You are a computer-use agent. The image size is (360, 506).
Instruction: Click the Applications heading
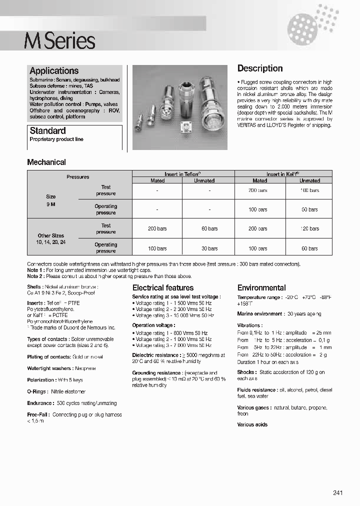(x=54, y=71)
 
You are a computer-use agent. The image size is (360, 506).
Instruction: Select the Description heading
(x=259, y=68)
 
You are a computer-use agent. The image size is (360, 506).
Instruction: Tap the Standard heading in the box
(x=47, y=130)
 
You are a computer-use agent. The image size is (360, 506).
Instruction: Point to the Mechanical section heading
(x=46, y=162)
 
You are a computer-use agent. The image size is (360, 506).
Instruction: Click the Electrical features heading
(x=162, y=287)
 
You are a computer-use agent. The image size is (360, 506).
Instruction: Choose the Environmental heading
(x=261, y=287)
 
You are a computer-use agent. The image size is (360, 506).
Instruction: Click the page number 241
(x=338, y=493)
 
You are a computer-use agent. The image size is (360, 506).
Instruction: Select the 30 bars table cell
(x=209, y=248)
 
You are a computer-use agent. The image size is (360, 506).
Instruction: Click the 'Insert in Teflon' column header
(x=182, y=174)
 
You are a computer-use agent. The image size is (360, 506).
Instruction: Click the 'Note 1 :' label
(x=35, y=270)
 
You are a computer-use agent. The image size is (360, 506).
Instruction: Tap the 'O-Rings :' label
(x=38, y=391)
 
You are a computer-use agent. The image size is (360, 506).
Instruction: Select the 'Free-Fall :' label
(x=39, y=414)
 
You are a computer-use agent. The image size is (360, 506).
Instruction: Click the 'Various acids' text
(x=252, y=424)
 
